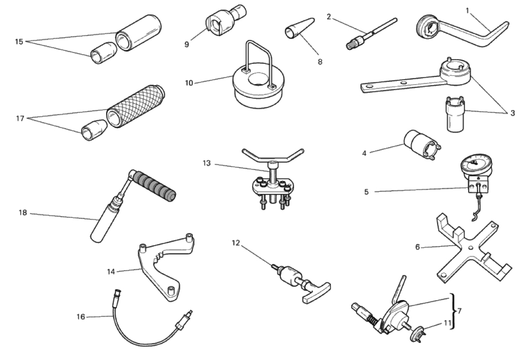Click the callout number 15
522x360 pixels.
pyautogui.click(x=19, y=42)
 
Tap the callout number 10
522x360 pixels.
pyautogui.click(x=189, y=83)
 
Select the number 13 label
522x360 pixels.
pyautogui.click(x=207, y=163)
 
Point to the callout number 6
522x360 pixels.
pyautogui.click(x=417, y=247)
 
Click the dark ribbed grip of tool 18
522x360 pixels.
pyautogui.click(x=155, y=185)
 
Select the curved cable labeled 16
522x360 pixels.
pyautogui.click(x=140, y=336)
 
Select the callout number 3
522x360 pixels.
pyautogui.click(x=513, y=113)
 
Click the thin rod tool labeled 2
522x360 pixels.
pyautogui.click(x=371, y=33)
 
